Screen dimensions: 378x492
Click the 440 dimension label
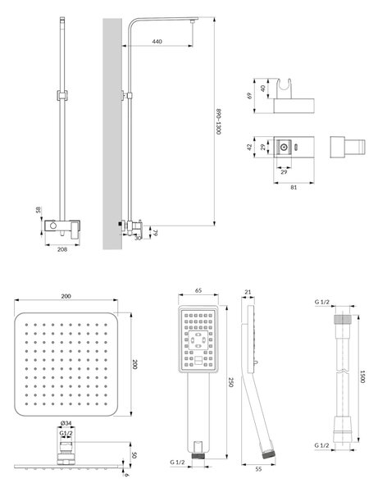coord(157,42)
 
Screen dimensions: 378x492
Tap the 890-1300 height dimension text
coord(219,121)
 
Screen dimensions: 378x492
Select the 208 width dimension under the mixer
coord(62,249)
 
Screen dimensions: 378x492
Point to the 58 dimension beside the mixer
coord(39,210)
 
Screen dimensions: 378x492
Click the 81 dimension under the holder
coord(294,187)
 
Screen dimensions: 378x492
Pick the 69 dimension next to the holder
coord(250,95)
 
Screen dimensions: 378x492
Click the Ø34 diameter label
coord(66,423)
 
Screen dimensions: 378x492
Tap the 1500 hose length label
coord(362,376)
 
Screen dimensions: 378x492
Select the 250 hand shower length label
coord(230,382)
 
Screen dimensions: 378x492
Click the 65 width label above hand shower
coord(198,290)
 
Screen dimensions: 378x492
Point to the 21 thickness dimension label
coord(248,292)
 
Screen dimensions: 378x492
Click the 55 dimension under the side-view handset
coord(258,469)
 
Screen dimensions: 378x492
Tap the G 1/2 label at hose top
coord(322,302)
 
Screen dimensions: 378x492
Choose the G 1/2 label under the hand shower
coord(178,462)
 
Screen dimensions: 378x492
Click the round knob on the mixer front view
coord(53,225)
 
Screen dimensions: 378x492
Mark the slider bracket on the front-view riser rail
coord(62,96)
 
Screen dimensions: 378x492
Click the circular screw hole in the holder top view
coord(285,147)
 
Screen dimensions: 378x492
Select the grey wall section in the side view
coord(112,134)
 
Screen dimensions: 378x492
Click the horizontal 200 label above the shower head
coord(66,296)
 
